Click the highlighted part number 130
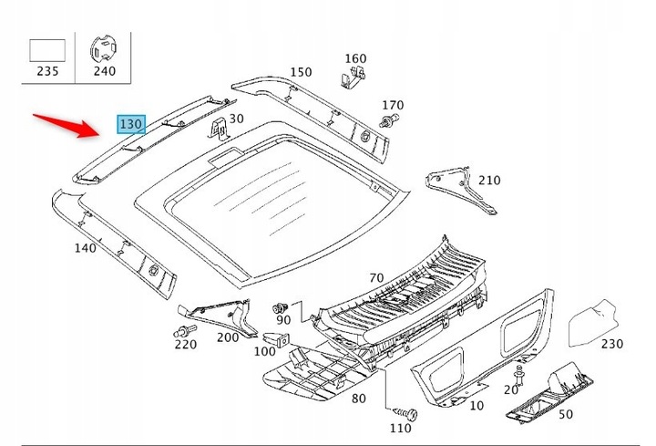[x=131, y=124]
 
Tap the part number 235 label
[x=47, y=71]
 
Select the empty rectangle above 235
[x=47, y=51]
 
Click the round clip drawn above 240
[x=103, y=50]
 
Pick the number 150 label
[x=301, y=72]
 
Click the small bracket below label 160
[x=352, y=78]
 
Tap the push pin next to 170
[x=389, y=120]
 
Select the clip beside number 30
[x=218, y=128]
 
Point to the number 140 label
[x=85, y=248]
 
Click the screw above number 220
[x=184, y=331]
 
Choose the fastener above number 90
[x=280, y=308]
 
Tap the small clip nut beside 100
[x=277, y=339]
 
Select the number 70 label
[x=376, y=277]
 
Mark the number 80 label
[x=359, y=399]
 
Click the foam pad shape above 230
[x=593, y=323]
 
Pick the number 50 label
[x=566, y=414]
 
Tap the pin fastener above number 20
[x=519, y=374]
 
